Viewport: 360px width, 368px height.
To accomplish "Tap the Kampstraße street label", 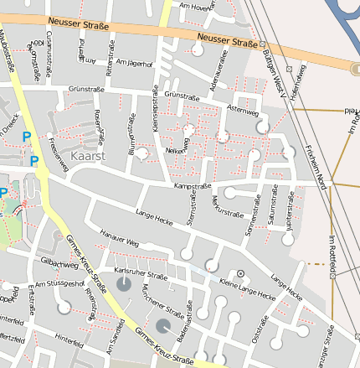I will click(192, 185).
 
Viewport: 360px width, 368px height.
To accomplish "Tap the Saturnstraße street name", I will click(270, 207).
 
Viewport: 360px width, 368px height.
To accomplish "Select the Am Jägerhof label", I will click(135, 63).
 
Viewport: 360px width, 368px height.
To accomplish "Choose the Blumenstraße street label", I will click(131, 135).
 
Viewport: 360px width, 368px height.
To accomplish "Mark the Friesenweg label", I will click(59, 157).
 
